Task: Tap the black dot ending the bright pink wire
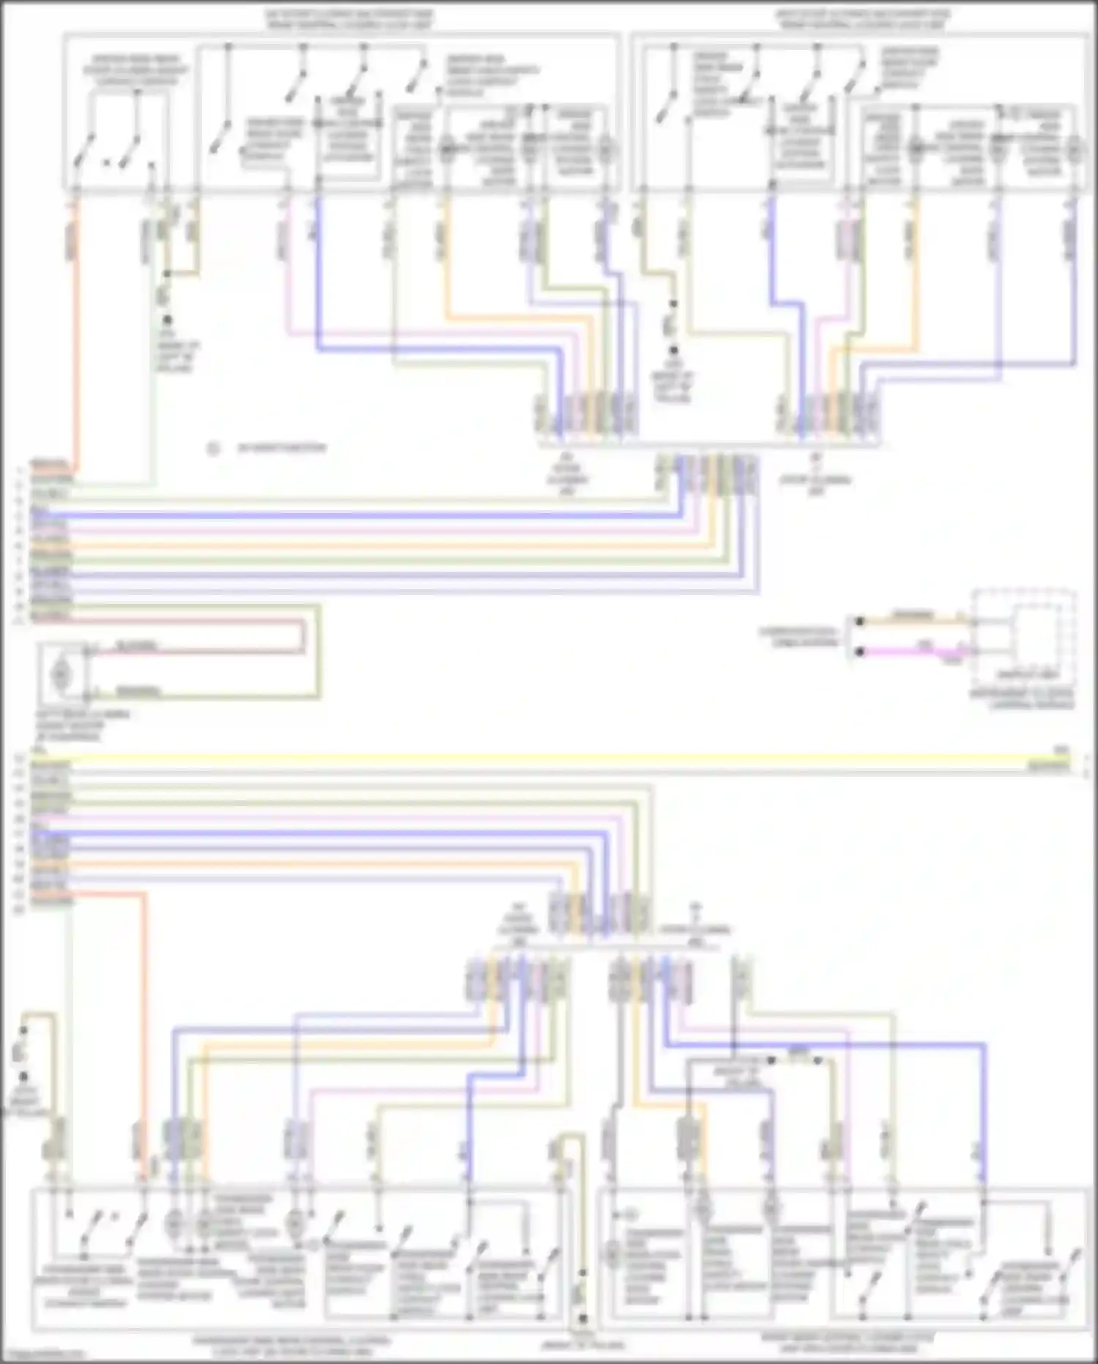(860, 652)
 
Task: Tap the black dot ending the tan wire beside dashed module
(860, 622)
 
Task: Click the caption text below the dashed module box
(1023, 698)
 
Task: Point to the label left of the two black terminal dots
(798, 636)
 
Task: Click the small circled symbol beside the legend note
(213, 448)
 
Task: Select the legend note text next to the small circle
(281, 448)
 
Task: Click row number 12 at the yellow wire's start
(20, 758)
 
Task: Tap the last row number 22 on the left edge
(20, 910)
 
